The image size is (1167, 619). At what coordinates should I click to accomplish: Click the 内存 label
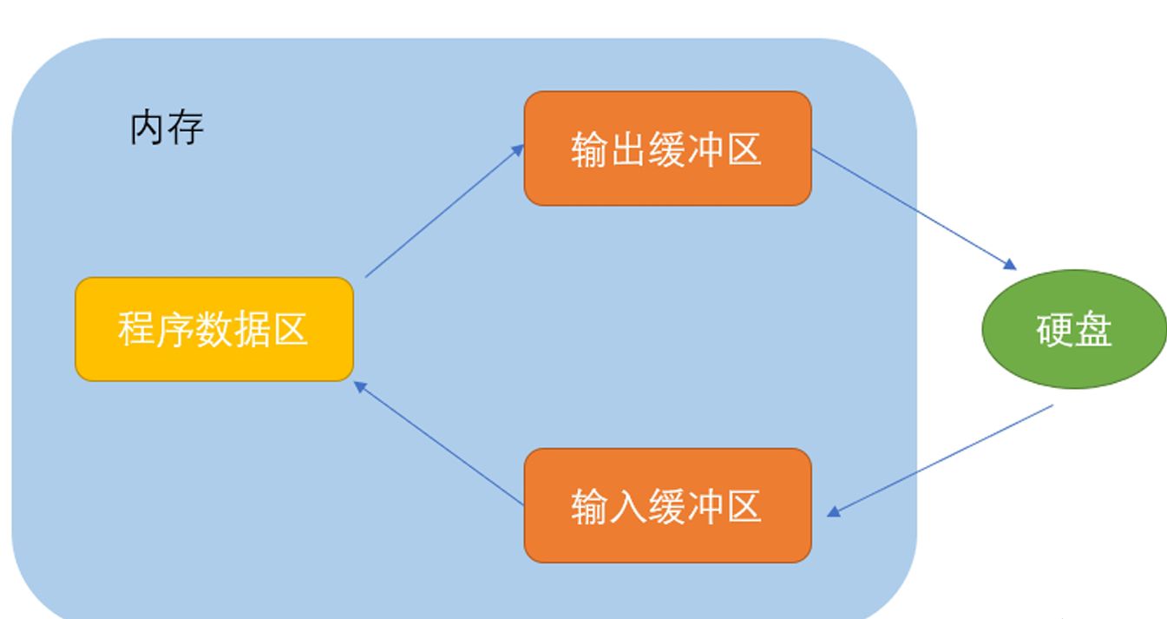pyautogui.click(x=167, y=128)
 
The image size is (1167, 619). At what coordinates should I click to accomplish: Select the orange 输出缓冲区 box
pyautogui.click(x=667, y=148)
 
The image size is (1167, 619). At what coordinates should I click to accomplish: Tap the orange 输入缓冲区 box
pyautogui.click(x=667, y=505)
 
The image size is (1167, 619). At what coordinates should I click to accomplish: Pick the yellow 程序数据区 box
pyautogui.click(x=213, y=329)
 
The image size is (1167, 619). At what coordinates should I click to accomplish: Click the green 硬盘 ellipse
pyautogui.click(x=1074, y=330)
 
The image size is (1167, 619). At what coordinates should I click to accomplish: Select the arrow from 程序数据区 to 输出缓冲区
pyautogui.click(x=444, y=211)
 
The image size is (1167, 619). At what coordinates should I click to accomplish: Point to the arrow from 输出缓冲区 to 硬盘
pyautogui.click(x=913, y=208)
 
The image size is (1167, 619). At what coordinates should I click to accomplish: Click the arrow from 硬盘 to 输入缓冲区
pyautogui.click(x=941, y=460)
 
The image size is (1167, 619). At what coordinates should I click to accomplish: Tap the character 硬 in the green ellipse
pyautogui.click(x=1055, y=330)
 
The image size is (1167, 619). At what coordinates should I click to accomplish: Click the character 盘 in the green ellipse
pyautogui.click(x=1094, y=330)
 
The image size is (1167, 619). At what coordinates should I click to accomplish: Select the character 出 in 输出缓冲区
pyautogui.click(x=628, y=149)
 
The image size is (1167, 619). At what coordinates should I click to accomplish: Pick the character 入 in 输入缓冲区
pyautogui.click(x=628, y=506)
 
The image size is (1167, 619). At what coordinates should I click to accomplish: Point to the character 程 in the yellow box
pyautogui.click(x=136, y=330)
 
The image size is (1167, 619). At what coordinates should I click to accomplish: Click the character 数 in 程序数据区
pyautogui.click(x=213, y=330)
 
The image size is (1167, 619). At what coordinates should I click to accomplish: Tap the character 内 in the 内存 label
pyautogui.click(x=148, y=128)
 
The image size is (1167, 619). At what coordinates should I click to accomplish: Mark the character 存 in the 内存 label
pyautogui.click(x=186, y=128)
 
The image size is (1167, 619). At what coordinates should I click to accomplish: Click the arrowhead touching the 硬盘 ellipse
pyautogui.click(x=1009, y=264)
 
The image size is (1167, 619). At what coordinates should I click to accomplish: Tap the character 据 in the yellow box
pyautogui.click(x=252, y=330)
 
